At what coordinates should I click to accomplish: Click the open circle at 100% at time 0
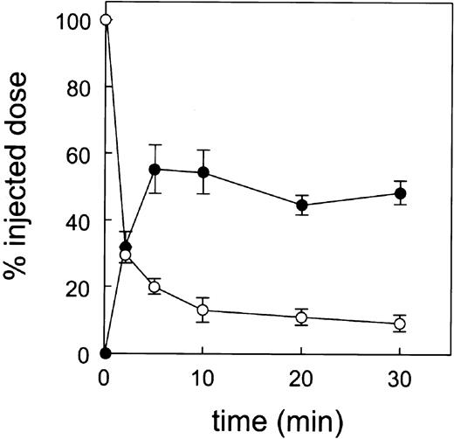[106, 19]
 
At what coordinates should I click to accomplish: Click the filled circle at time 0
[106, 353]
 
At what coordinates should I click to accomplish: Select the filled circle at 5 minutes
[155, 169]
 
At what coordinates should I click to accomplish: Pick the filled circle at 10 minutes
[203, 172]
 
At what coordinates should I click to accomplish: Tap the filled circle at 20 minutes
[302, 206]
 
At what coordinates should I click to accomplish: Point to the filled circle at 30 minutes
[401, 193]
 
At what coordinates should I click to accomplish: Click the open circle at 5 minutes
[155, 287]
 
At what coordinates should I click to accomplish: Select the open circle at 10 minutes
[203, 310]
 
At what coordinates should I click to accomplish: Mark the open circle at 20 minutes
[302, 317]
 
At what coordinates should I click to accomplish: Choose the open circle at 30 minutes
[401, 324]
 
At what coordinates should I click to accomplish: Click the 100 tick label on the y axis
[73, 20]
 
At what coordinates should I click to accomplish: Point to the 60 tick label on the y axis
[79, 153]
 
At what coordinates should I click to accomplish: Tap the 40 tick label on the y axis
[79, 220]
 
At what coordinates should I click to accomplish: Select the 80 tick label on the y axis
[79, 87]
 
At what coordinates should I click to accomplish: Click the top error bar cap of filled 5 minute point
[155, 145]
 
